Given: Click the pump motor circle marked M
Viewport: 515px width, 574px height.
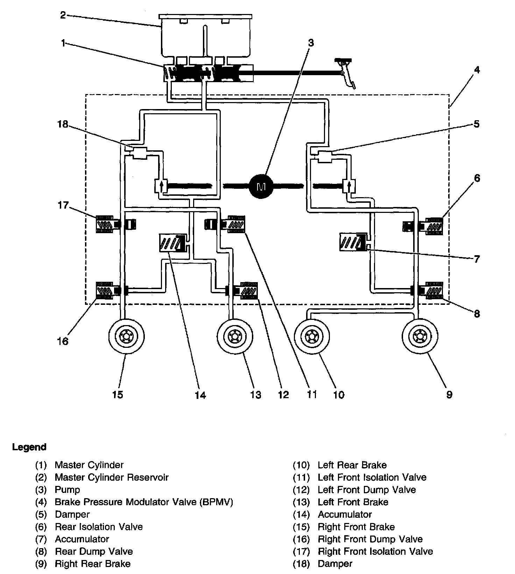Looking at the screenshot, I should point(261,186).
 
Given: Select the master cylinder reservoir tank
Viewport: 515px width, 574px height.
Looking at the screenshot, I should point(205,37).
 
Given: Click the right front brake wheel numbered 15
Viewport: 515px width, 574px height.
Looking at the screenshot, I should point(126,336).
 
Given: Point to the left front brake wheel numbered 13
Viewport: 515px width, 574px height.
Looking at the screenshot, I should point(234,336).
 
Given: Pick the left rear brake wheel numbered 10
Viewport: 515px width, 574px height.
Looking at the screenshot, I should point(312,336).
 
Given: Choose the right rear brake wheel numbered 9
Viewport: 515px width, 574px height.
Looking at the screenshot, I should point(419,336).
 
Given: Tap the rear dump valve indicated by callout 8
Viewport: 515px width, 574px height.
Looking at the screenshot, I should point(433,290).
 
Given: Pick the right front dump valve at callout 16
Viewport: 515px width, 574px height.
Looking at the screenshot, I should point(105,290).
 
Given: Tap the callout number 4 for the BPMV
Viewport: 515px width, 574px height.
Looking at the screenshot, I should point(477,70).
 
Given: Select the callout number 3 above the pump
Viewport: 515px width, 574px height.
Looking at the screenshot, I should point(311,43).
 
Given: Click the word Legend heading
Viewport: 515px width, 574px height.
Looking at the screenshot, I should point(29,447).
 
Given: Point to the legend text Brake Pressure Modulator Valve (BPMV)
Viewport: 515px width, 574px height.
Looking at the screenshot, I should point(144,502).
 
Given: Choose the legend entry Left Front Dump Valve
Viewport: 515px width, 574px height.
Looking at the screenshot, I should point(367,490).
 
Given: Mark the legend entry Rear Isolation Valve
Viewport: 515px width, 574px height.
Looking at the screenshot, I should point(99,527).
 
